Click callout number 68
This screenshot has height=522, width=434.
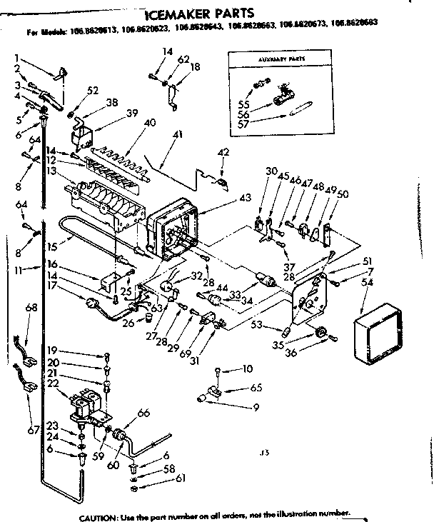tap(31, 308)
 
